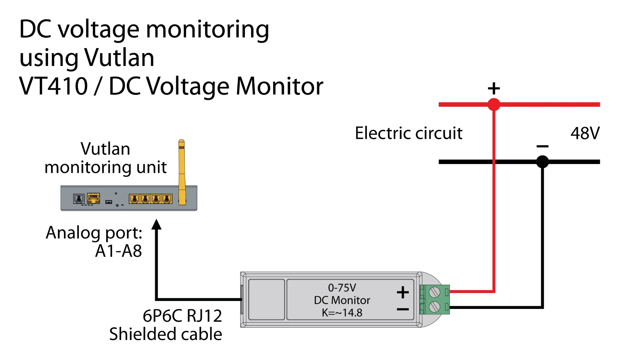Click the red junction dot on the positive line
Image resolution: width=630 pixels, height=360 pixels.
coord(494,104)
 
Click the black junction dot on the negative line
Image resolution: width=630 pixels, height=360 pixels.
coord(542,162)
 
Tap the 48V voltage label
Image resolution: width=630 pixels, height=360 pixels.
coord(585,133)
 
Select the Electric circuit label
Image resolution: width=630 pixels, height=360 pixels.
coord(409,133)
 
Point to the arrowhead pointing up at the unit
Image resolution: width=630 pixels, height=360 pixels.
coord(157,224)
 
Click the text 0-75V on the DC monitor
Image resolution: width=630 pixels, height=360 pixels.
coord(342,287)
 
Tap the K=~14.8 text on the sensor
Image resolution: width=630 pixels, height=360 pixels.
coord(342,313)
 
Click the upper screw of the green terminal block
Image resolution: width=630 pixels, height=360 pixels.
coord(434,292)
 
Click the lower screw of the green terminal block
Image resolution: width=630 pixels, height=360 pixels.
coord(434,307)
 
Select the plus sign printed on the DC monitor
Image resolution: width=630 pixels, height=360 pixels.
coord(403,292)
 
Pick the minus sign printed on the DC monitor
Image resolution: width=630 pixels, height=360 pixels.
coord(403,310)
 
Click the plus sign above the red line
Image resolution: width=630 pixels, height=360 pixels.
coord(494,89)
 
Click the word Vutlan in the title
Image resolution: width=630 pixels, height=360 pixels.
coord(119,58)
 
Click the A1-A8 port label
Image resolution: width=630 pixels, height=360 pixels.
coord(118,251)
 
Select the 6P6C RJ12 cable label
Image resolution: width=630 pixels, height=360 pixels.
coord(182,316)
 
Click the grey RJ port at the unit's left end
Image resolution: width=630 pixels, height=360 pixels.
coord(79,199)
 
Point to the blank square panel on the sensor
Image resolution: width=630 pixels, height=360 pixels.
coord(267,300)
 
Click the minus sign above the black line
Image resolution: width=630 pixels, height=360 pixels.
coord(542,146)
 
